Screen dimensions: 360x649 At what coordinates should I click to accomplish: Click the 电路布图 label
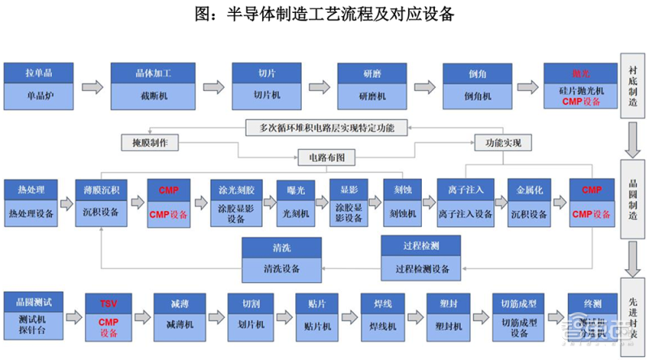322,156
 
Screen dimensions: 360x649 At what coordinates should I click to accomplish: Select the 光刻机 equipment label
299,214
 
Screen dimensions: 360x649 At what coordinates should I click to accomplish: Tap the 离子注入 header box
465,190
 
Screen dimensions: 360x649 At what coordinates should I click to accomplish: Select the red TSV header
108,303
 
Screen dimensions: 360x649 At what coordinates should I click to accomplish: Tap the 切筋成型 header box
515,303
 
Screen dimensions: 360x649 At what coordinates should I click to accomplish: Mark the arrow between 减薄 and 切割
210,315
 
